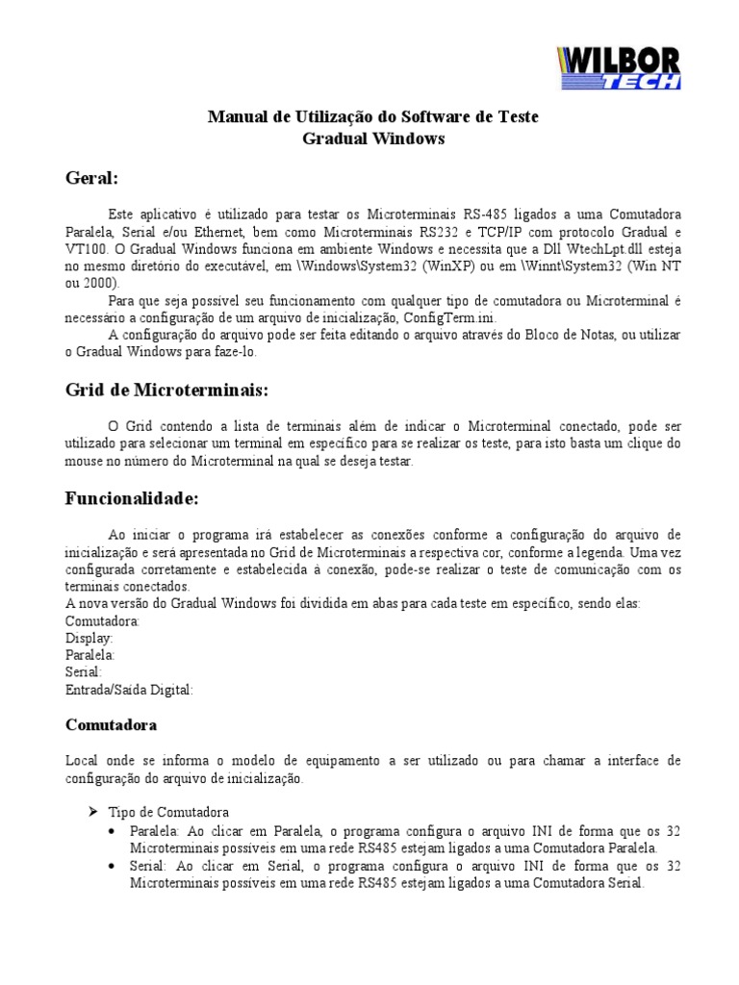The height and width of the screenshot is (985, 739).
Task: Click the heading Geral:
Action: coord(92,178)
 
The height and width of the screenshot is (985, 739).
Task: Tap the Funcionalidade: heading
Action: coord(132,498)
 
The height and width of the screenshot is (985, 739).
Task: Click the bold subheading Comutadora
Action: coord(111,723)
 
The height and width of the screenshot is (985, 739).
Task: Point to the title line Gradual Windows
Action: coord(374,138)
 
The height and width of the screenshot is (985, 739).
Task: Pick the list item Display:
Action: coord(89,638)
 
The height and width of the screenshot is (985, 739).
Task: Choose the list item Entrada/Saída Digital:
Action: coord(129,690)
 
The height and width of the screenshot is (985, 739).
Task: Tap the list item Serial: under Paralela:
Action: coord(84,672)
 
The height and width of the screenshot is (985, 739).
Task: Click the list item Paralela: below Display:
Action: coord(90,655)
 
